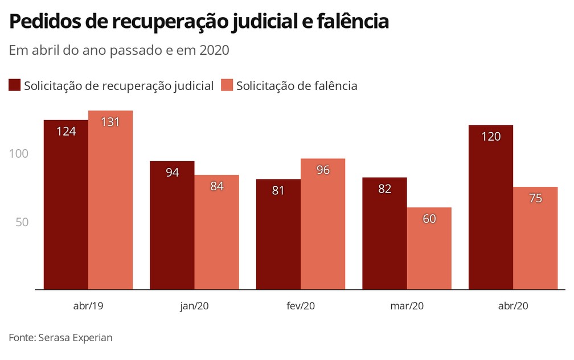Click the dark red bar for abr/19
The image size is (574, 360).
click(66, 205)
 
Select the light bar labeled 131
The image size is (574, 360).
click(110, 200)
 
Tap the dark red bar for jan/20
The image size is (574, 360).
click(172, 226)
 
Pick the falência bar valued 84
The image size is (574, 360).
click(216, 232)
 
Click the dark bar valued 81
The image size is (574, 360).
click(278, 235)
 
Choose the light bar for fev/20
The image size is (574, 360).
click(323, 224)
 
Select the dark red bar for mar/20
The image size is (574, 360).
click(385, 234)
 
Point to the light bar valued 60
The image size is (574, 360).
click(429, 248)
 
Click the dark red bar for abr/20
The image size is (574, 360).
click(491, 207)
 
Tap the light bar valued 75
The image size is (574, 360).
click(535, 238)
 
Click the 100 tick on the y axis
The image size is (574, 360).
click(19, 154)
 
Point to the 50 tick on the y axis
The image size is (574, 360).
click(22, 222)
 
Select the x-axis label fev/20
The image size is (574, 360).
click(301, 306)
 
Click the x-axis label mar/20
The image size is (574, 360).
click(407, 306)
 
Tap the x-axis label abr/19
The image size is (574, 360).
click(88, 306)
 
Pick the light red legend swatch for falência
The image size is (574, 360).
click(227, 85)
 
